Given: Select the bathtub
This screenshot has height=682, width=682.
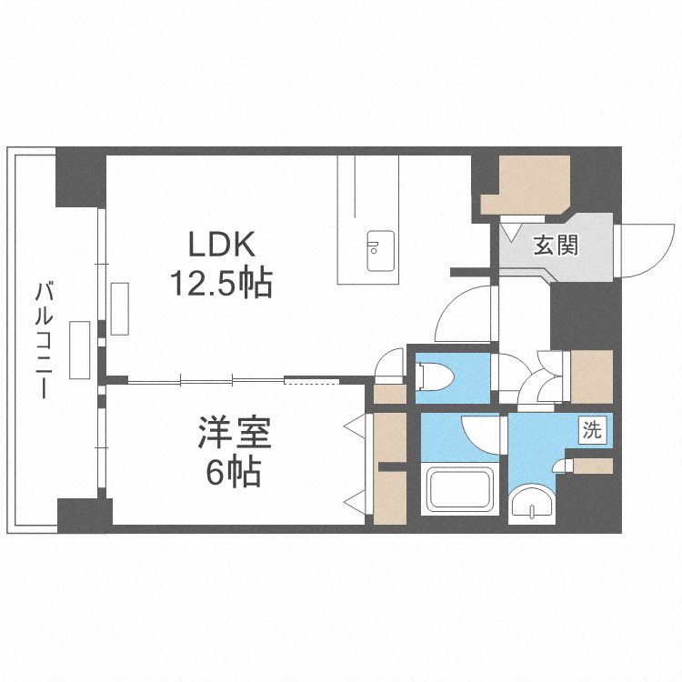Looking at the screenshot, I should pyautogui.click(x=462, y=491).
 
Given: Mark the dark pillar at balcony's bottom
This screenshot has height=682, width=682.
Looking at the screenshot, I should pyautogui.click(x=85, y=515).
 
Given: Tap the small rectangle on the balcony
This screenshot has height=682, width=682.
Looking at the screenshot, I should pyautogui.click(x=80, y=349).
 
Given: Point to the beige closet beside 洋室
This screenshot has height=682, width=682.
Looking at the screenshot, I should pyautogui.click(x=390, y=468).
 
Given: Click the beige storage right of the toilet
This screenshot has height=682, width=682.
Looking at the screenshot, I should pyautogui.click(x=590, y=376).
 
